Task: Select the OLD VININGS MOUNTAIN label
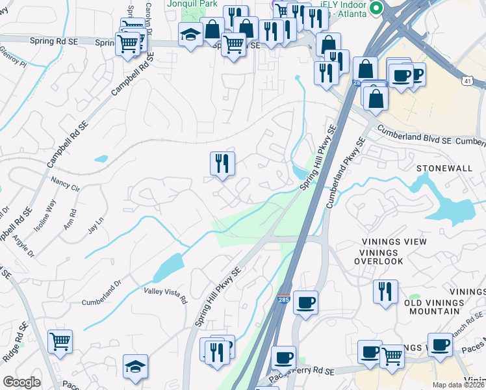pyautogui.click(x=435, y=307)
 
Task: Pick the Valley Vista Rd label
pyautogui.click(x=165, y=296)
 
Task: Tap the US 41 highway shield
pyautogui.click(x=467, y=81)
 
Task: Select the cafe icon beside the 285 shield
pyautogui.click(x=305, y=302)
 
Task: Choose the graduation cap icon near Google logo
pyautogui.click(x=135, y=367)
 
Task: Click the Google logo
pyautogui.click(x=21, y=382)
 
